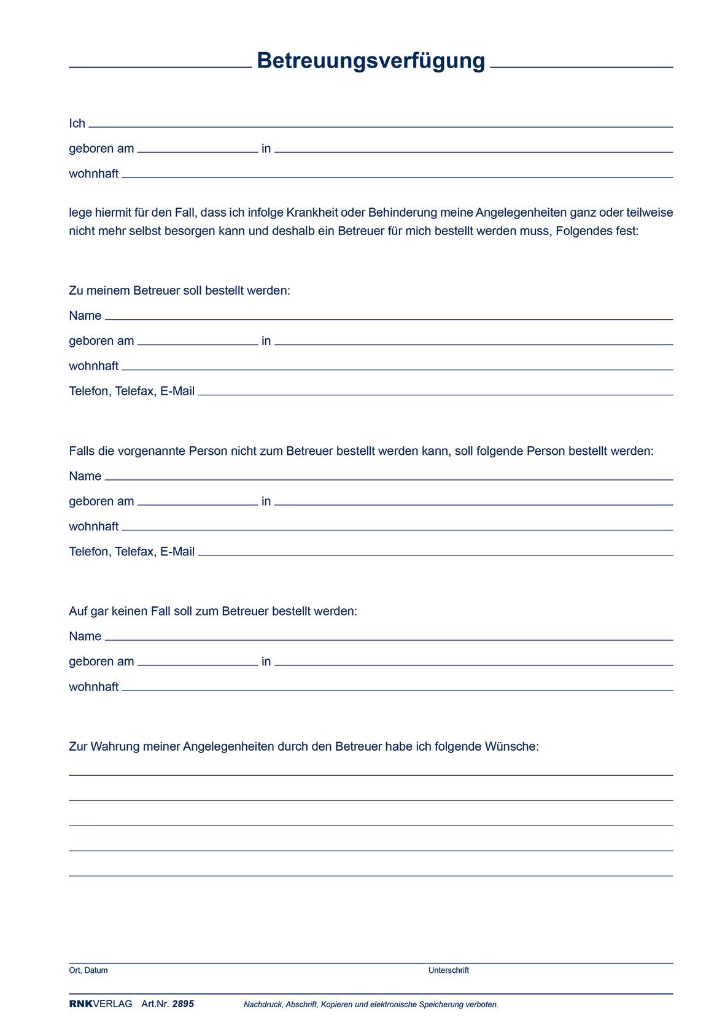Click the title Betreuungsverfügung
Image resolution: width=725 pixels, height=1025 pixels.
(x=371, y=61)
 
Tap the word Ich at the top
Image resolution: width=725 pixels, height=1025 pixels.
(x=77, y=123)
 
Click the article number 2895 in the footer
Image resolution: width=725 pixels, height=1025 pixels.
(x=183, y=1004)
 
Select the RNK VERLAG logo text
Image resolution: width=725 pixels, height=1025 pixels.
(x=100, y=1004)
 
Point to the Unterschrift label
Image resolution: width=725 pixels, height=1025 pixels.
(x=448, y=970)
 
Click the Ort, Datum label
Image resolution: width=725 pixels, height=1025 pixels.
(x=88, y=970)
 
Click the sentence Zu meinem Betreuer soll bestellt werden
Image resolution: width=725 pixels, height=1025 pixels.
(x=179, y=290)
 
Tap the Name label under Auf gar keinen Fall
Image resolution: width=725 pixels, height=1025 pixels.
(x=85, y=636)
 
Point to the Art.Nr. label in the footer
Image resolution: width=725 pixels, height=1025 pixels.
(x=155, y=1004)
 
